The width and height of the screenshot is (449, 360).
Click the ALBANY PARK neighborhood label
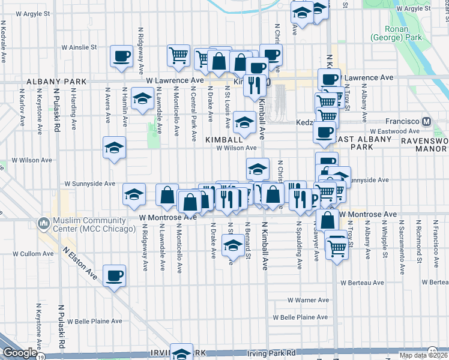52,81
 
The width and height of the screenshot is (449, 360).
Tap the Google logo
20,353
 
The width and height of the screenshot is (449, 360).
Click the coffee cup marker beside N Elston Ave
114,276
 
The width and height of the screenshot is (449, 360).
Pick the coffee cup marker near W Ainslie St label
121,56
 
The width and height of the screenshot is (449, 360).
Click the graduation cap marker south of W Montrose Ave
233,245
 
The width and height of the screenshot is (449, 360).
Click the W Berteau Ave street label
362,283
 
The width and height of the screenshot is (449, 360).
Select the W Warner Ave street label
308,300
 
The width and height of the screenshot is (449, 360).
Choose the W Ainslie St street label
79,47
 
